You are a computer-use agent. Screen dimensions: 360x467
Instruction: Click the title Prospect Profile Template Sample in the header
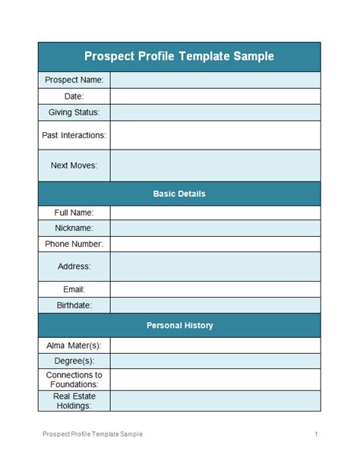click(x=179, y=56)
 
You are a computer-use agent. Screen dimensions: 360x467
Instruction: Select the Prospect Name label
click(x=74, y=80)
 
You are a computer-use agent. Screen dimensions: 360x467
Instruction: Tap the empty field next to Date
click(x=215, y=96)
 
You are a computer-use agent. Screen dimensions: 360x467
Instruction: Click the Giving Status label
click(x=74, y=112)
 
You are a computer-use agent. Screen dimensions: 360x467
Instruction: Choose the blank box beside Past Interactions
click(x=215, y=135)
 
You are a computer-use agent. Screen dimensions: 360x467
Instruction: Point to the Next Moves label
click(x=74, y=165)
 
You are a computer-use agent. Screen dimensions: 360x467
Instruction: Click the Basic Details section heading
click(x=179, y=194)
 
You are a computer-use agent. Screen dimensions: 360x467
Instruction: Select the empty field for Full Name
click(x=215, y=213)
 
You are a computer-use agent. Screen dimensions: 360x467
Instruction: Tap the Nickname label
click(x=74, y=228)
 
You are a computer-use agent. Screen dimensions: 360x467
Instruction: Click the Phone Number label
click(x=74, y=244)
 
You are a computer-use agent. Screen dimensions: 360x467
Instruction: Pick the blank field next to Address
click(x=215, y=267)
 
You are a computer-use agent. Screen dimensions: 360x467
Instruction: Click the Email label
click(x=74, y=289)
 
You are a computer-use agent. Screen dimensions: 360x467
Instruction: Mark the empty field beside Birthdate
click(x=215, y=305)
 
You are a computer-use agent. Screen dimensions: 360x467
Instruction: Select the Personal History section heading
click(x=179, y=325)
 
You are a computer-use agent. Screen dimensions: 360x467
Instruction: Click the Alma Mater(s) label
click(x=74, y=345)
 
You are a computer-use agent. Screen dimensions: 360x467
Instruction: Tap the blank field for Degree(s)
click(x=215, y=361)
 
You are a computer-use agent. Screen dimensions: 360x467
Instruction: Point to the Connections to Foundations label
click(x=74, y=380)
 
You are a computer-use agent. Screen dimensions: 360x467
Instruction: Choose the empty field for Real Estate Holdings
click(x=215, y=401)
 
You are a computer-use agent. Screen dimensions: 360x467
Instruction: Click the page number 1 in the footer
click(x=315, y=434)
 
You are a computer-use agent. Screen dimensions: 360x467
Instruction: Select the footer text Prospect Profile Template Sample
click(x=92, y=434)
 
